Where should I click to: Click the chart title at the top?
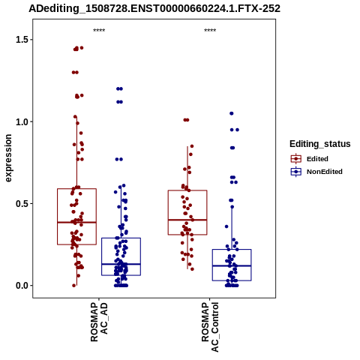point(154,8)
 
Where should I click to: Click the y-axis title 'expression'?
point(8,158)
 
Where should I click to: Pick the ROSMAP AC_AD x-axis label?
point(99,322)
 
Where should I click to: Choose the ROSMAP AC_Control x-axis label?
point(210,327)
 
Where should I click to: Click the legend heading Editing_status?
point(320,144)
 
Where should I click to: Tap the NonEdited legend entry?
point(316,172)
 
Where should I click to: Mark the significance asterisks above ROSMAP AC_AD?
point(99,31)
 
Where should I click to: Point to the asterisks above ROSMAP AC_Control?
point(210,31)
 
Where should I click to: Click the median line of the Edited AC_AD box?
point(76,222)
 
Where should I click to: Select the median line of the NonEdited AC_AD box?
point(121,264)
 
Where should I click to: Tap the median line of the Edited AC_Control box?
point(187,220)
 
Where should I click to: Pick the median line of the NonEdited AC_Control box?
point(232,265)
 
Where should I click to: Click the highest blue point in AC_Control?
point(232,113)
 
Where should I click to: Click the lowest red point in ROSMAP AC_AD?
point(74,286)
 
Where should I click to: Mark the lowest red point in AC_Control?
point(192,269)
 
